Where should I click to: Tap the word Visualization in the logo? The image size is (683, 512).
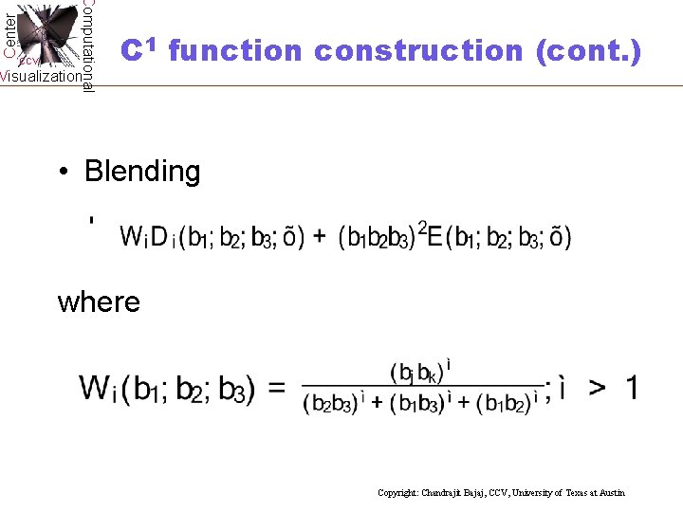point(41,77)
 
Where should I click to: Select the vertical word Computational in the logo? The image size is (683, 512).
point(87,46)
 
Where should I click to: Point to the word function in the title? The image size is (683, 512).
point(234,50)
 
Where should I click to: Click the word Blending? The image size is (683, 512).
point(142,172)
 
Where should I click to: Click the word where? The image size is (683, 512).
point(99,302)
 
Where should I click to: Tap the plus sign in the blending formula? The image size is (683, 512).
point(320,236)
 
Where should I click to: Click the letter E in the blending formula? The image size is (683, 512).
point(435,236)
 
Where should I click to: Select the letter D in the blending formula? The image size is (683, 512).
point(159,236)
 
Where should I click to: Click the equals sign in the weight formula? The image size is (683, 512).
point(277,388)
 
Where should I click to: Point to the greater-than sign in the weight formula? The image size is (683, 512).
point(598,388)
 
